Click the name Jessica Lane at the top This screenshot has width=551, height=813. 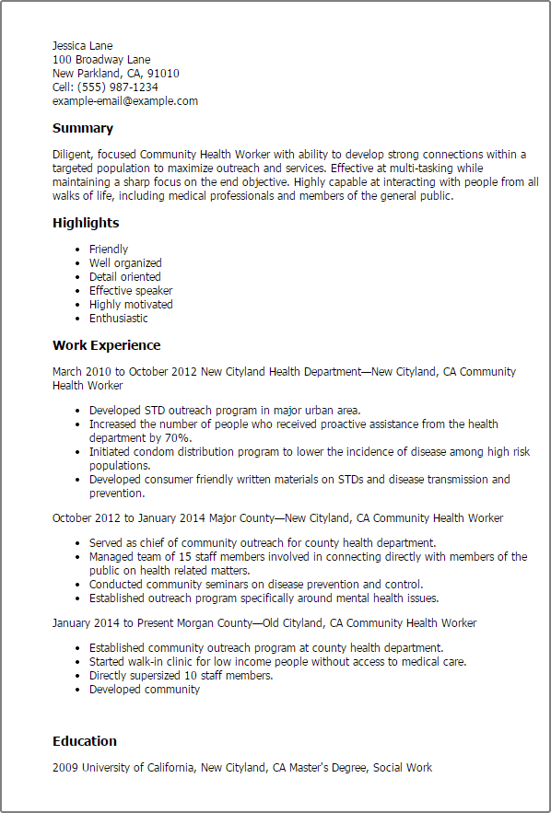[83, 45]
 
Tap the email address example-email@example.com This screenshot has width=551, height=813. [125, 101]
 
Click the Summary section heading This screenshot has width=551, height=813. [83, 129]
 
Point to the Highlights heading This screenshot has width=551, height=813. [86, 223]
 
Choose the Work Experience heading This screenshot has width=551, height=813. [106, 345]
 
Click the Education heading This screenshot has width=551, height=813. [85, 741]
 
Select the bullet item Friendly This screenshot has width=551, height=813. [109, 250]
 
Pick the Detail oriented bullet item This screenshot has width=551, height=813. [124, 277]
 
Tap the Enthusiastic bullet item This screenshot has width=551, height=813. [118, 319]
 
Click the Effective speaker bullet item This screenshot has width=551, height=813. [131, 291]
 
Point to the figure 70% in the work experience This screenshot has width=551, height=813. [178, 438]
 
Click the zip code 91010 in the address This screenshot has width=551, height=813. [163, 74]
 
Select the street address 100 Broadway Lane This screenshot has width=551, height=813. [101, 60]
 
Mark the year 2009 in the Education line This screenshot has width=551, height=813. [65, 768]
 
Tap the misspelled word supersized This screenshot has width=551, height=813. [158, 676]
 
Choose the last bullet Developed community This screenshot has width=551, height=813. [144, 690]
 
